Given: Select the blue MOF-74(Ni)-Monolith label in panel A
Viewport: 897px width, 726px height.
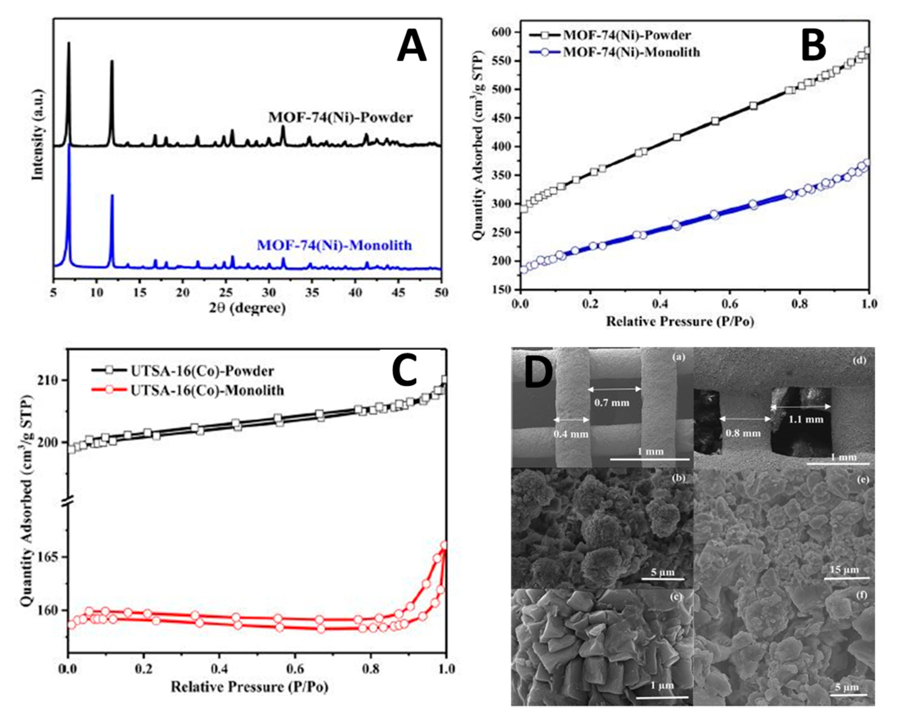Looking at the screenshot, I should (334, 245).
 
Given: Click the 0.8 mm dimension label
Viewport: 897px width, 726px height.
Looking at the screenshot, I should (743, 433).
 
